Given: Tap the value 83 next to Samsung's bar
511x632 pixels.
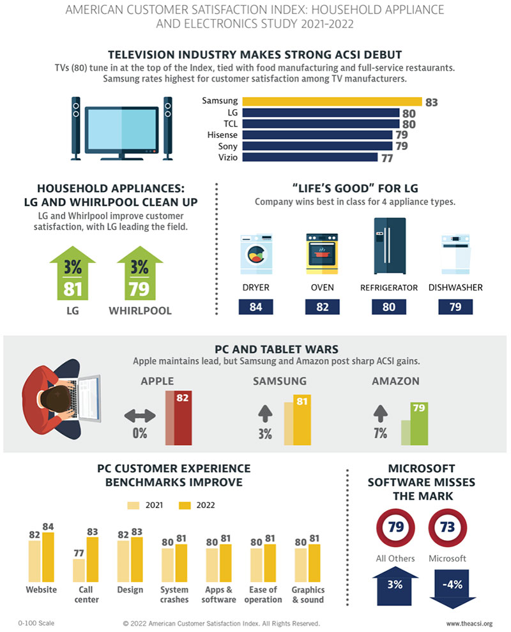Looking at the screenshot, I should [431, 102].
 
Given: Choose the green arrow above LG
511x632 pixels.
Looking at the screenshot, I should [72, 275].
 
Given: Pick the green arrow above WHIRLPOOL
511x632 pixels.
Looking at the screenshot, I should [139, 275].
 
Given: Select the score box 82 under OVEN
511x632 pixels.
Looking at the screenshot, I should [322, 306].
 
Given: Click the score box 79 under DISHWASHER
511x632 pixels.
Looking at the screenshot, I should [456, 306].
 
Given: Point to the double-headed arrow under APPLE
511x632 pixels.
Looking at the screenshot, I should [140, 416].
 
